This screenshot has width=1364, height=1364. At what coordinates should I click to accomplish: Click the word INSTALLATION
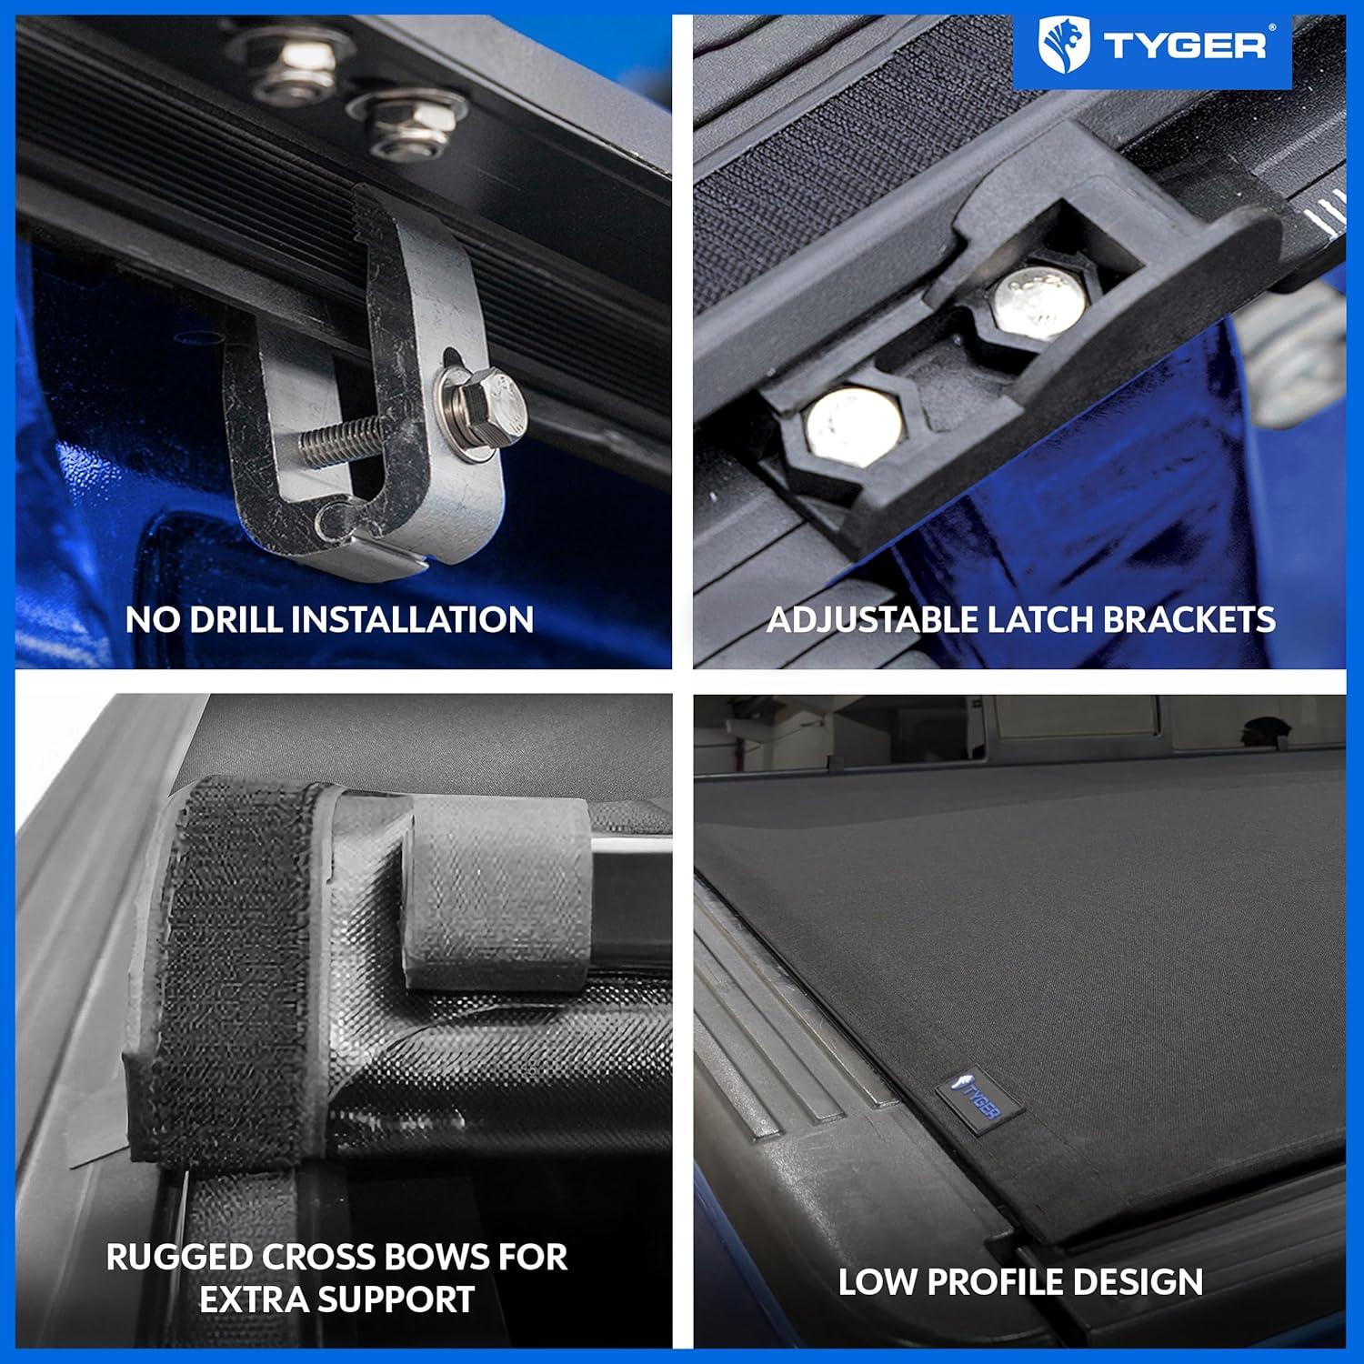tap(412, 619)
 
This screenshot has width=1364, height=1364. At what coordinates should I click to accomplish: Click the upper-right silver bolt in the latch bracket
tap(1037, 300)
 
